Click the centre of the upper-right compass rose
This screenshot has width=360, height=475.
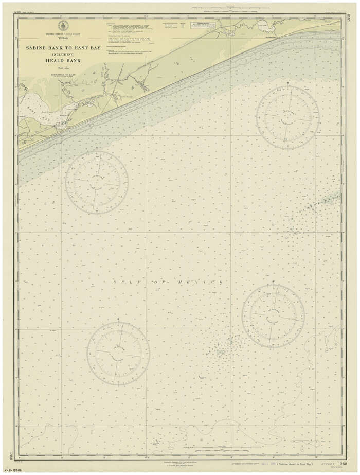pyautogui.click(x=287, y=117)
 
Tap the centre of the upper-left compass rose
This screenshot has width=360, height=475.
pyautogui.click(x=97, y=182)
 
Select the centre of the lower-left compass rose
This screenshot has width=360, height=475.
pyautogui.click(x=118, y=353)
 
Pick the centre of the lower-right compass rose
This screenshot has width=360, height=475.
pyautogui.click(x=273, y=315)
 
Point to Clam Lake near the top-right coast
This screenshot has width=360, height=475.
pyautogui.click(x=262, y=24)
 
